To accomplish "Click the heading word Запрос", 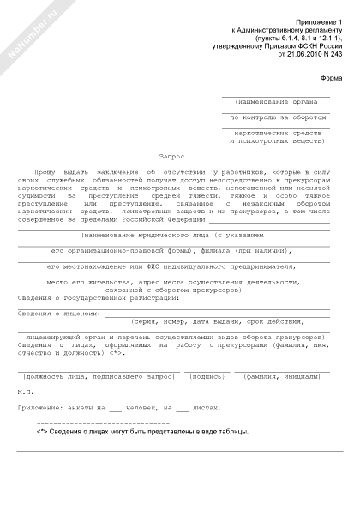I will point(171,157).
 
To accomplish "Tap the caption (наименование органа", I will point(271,101).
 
